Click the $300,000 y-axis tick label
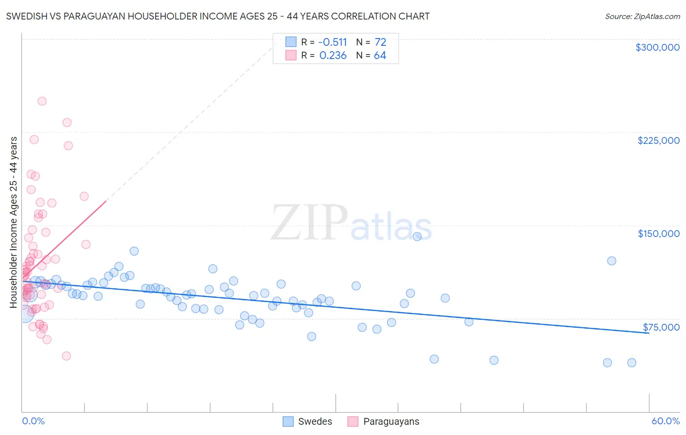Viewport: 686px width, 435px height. [x=657, y=47]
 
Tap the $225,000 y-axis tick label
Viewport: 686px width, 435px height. [x=658, y=140]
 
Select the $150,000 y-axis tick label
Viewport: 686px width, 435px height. [x=658, y=234]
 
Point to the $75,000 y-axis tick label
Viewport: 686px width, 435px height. [x=661, y=327]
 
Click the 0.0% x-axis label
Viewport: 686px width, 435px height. [x=33, y=421]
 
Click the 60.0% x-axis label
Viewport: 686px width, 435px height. [x=665, y=421]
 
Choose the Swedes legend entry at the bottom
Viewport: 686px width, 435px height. [x=308, y=421]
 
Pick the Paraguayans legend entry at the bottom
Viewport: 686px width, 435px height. [x=383, y=421]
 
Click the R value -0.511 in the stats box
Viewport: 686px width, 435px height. [x=333, y=42]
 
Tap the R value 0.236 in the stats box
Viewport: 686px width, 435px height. [x=333, y=56]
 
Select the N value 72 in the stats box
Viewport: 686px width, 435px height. [x=380, y=42]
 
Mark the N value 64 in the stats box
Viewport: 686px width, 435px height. [x=380, y=56]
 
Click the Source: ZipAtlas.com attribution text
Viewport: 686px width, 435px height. [x=642, y=17]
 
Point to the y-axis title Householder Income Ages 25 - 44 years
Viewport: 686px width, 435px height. [x=13, y=222]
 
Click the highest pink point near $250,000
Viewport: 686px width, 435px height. [x=42, y=101]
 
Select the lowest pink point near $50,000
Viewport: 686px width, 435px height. [x=66, y=356]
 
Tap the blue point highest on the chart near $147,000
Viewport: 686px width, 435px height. [x=417, y=237]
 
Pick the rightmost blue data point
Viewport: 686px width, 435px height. [x=631, y=362]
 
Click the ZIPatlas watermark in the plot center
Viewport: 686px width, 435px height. [x=351, y=223]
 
